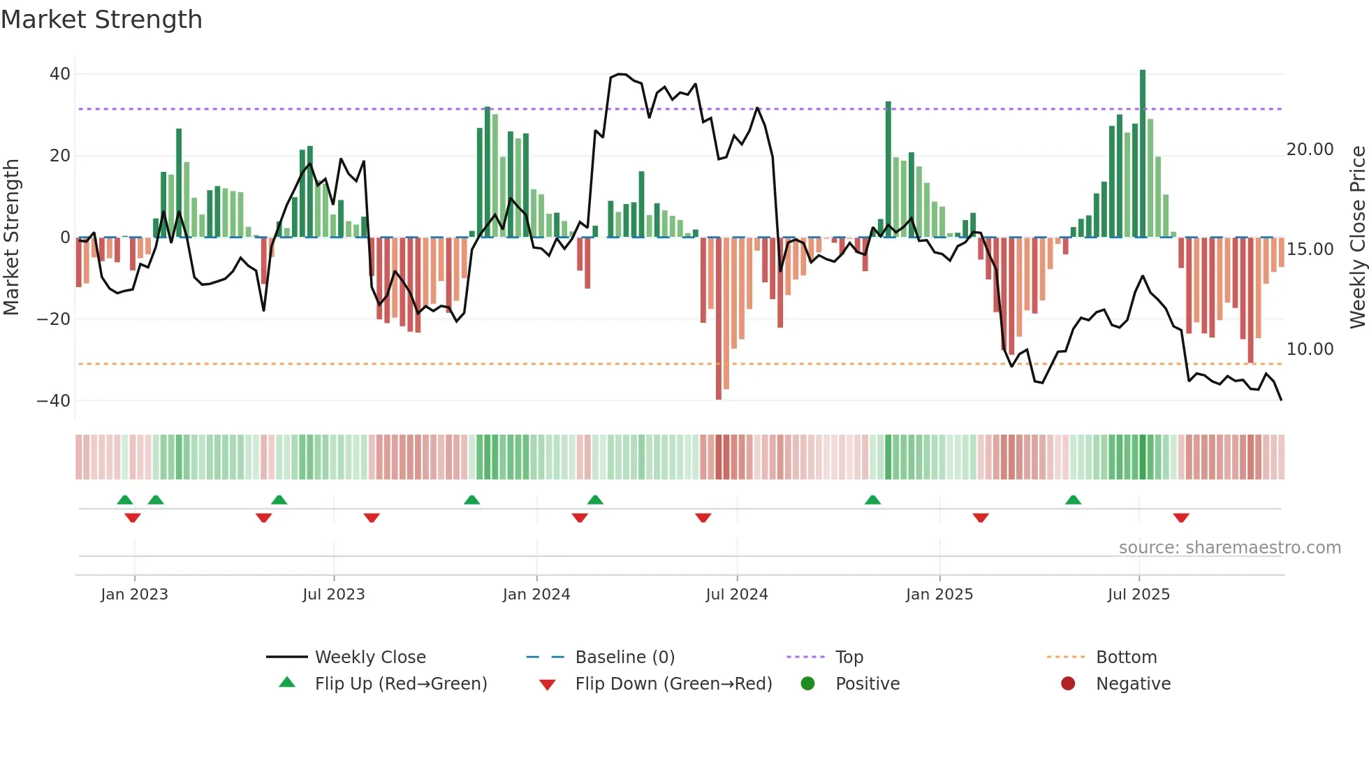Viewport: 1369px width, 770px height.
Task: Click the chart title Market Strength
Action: (x=101, y=20)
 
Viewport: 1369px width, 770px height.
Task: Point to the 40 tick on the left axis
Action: (x=60, y=74)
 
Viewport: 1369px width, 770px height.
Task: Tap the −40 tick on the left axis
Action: (x=54, y=401)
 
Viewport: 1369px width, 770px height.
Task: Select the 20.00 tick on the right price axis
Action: (x=1310, y=150)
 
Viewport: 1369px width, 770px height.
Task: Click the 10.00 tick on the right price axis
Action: (x=1310, y=349)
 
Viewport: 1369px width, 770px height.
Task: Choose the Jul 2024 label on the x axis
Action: (x=736, y=595)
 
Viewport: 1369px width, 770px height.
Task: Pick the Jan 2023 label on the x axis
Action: (x=134, y=595)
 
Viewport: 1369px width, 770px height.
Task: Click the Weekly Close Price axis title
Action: (x=1357, y=238)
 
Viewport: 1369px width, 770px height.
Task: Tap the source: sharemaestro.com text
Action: (x=1229, y=548)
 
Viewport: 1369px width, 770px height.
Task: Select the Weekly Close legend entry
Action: (x=369, y=658)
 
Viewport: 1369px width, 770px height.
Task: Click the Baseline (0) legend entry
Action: (x=624, y=658)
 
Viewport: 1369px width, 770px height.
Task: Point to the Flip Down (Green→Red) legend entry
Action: (x=673, y=684)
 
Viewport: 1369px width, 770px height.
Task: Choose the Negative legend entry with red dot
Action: (x=1132, y=684)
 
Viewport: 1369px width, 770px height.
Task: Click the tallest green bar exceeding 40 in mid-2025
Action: (x=1143, y=154)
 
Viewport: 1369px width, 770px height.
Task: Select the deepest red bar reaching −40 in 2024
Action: (x=719, y=318)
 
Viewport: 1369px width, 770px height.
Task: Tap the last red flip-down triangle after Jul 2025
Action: (x=1181, y=518)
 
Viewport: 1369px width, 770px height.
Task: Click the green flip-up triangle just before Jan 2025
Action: (x=872, y=500)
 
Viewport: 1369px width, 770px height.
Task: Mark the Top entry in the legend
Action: (x=849, y=658)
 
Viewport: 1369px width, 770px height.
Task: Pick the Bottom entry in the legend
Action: (x=1126, y=658)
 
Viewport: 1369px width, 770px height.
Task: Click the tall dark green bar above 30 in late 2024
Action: (x=888, y=169)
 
